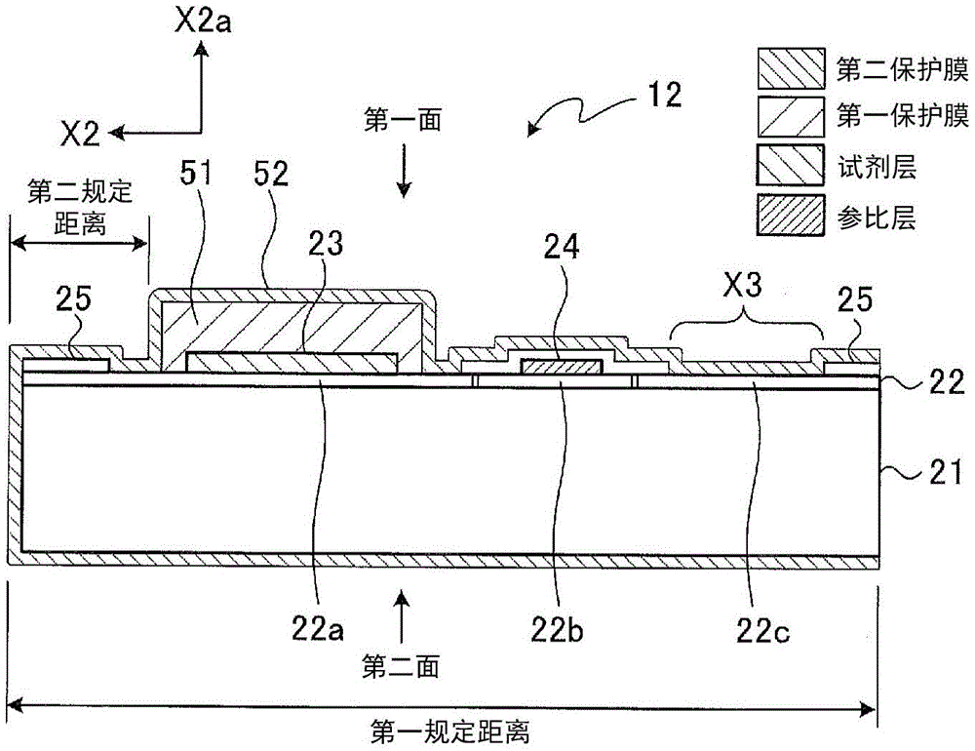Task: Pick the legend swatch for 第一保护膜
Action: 790,118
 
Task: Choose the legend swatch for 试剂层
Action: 790,167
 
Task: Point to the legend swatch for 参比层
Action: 790,216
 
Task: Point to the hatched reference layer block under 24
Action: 561,368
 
